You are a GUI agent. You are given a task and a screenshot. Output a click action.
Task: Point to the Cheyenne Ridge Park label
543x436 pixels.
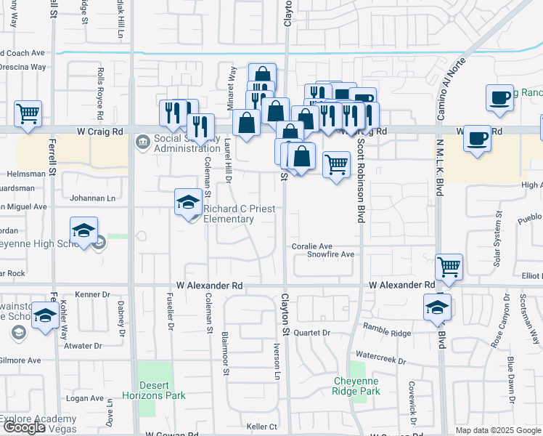click(x=357, y=386)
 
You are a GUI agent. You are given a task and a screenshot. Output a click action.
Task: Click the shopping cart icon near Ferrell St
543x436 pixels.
click(x=28, y=113)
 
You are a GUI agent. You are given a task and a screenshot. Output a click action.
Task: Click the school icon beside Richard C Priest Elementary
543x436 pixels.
click(x=188, y=201)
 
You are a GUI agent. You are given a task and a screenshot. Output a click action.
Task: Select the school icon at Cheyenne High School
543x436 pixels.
click(x=84, y=230)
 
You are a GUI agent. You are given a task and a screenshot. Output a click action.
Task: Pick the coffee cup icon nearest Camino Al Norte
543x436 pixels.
click(x=499, y=97)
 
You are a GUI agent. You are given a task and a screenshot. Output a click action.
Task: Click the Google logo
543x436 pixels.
click(x=23, y=427)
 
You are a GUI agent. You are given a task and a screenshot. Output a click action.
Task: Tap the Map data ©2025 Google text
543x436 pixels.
click(x=498, y=430)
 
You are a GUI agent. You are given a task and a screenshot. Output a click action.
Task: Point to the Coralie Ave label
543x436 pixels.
click(x=311, y=246)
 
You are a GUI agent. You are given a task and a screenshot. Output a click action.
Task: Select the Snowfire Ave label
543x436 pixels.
click(x=330, y=255)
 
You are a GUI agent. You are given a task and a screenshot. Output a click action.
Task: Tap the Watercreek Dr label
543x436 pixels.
click(x=381, y=360)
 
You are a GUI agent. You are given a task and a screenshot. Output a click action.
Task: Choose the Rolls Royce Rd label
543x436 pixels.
click(x=100, y=86)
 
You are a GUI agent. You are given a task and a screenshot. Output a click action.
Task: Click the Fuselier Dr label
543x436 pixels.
click(x=171, y=318)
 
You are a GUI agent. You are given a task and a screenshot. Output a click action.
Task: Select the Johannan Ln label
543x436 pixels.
click(x=92, y=198)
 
